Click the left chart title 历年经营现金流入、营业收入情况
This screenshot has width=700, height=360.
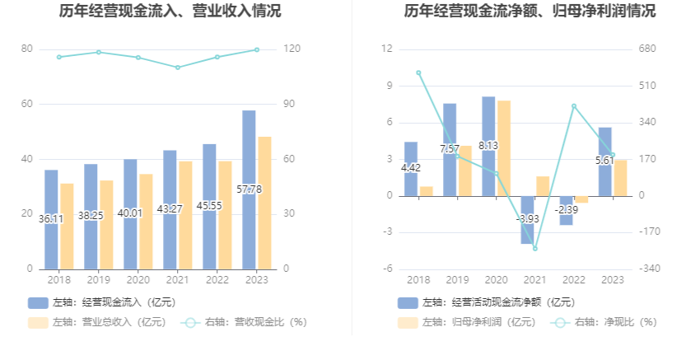coord(170,12)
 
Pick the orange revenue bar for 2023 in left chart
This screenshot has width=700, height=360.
coord(264,202)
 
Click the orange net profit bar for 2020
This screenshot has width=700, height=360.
coord(504,148)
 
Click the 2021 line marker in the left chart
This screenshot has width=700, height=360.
coord(178,68)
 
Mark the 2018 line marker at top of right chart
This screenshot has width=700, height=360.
coord(418,72)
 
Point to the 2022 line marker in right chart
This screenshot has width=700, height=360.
coord(574,106)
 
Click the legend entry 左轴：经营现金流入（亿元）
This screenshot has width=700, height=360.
coord(103,302)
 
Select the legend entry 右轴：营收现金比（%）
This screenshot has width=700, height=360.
coord(245,322)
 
